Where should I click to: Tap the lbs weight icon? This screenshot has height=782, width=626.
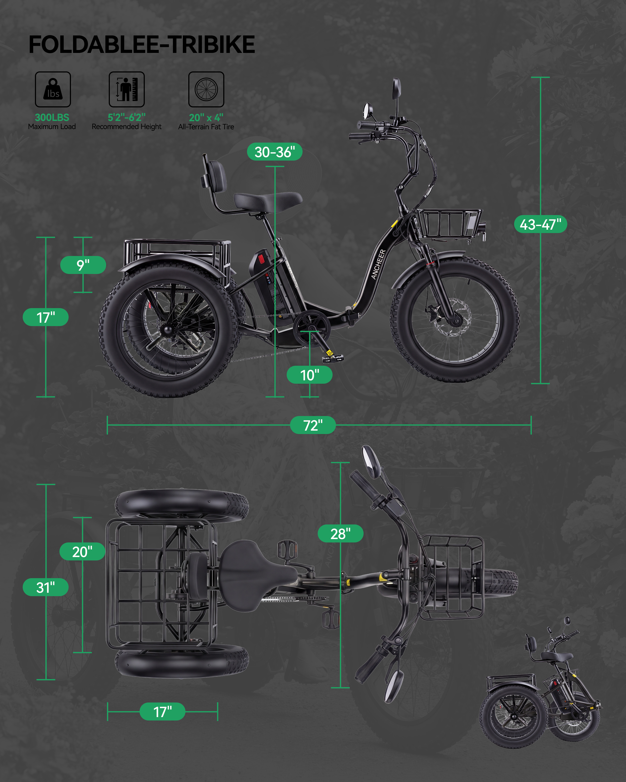[x=53, y=89]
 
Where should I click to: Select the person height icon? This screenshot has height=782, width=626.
[x=127, y=89]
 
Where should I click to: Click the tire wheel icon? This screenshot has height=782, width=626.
[x=206, y=89]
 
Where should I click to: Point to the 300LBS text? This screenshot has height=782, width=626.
[x=52, y=117]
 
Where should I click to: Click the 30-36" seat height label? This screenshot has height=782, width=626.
[x=275, y=152]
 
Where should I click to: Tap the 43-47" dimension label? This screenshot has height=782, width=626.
[x=540, y=224]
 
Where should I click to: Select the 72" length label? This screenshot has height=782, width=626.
[x=313, y=425]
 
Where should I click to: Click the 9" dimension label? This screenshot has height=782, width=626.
[x=83, y=265]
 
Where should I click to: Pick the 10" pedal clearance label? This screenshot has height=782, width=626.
[x=310, y=375]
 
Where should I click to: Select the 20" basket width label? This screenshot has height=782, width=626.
[x=82, y=552]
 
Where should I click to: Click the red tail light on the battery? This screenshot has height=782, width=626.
[x=261, y=260]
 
